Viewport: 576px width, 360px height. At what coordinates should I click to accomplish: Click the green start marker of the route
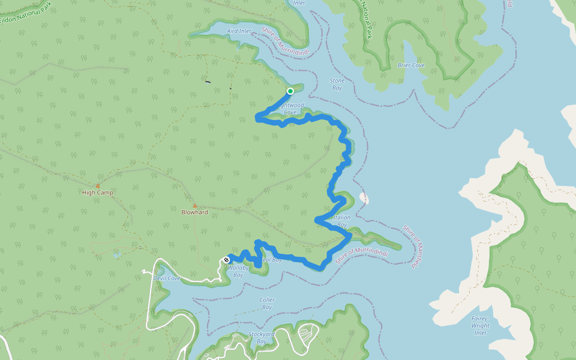(x=290, y=91)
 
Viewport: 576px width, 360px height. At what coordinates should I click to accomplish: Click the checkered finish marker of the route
(x=226, y=260)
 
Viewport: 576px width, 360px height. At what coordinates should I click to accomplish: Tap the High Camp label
(x=98, y=193)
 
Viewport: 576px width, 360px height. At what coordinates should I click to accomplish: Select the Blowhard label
(x=194, y=212)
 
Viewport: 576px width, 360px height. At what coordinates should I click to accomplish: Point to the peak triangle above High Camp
(x=98, y=186)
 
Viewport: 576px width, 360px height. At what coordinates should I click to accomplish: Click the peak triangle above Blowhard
(x=194, y=206)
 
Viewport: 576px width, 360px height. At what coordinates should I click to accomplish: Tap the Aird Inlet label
(x=239, y=31)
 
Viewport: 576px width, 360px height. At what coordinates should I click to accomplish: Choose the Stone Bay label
(x=337, y=84)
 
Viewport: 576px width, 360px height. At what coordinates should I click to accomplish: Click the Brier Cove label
(x=411, y=65)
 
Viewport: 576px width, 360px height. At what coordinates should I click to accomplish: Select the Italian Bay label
(x=340, y=221)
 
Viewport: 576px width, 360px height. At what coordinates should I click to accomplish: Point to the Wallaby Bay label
(x=238, y=272)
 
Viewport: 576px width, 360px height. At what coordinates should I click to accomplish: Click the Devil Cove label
(x=167, y=278)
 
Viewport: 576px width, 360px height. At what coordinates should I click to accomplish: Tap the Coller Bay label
(x=266, y=304)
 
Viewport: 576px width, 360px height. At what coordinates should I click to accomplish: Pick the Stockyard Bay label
(x=262, y=338)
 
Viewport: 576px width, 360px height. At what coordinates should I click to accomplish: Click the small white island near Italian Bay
(x=364, y=198)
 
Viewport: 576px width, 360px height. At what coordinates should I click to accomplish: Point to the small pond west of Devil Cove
(x=116, y=255)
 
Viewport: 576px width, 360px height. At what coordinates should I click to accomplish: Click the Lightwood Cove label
(x=291, y=109)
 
